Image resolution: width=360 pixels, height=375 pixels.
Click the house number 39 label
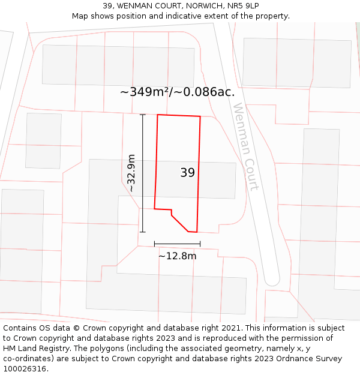[187, 173]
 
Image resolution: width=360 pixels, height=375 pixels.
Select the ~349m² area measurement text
[144, 92]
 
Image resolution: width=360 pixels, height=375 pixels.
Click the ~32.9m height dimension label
[131, 173]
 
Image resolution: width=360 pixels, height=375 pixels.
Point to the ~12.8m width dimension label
[177, 256]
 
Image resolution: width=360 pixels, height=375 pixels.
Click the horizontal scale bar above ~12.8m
[177, 244]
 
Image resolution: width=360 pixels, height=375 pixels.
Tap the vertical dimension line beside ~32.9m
[142, 173]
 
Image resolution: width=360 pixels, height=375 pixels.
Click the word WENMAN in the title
[136, 5]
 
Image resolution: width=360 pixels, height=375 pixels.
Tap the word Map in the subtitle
[80, 16]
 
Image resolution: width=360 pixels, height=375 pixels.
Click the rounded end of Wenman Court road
[272, 279]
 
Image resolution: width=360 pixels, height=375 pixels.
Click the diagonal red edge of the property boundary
[179, 223]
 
